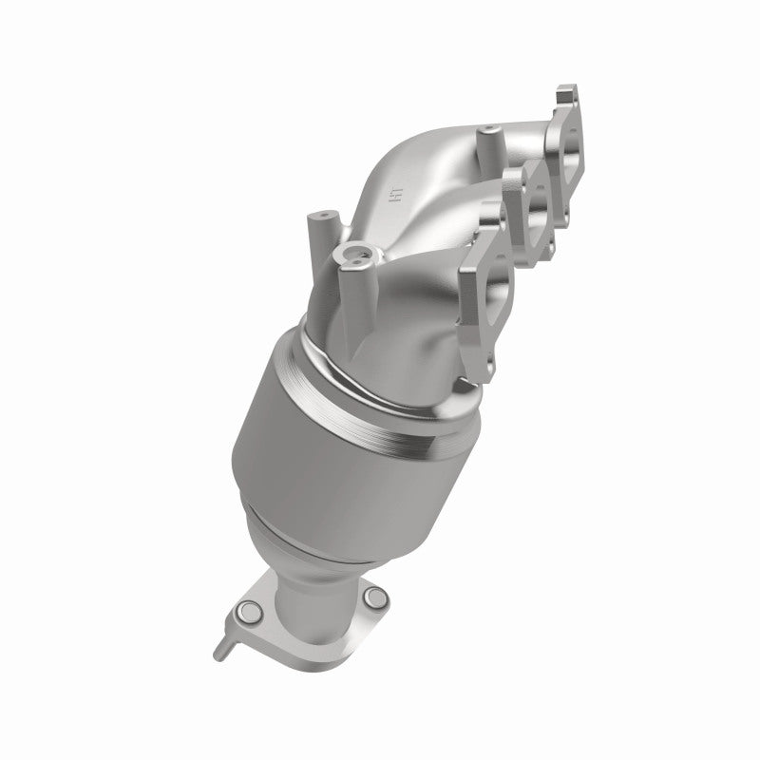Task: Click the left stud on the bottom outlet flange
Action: pos(249,610)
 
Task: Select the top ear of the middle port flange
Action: pos(522,171)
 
